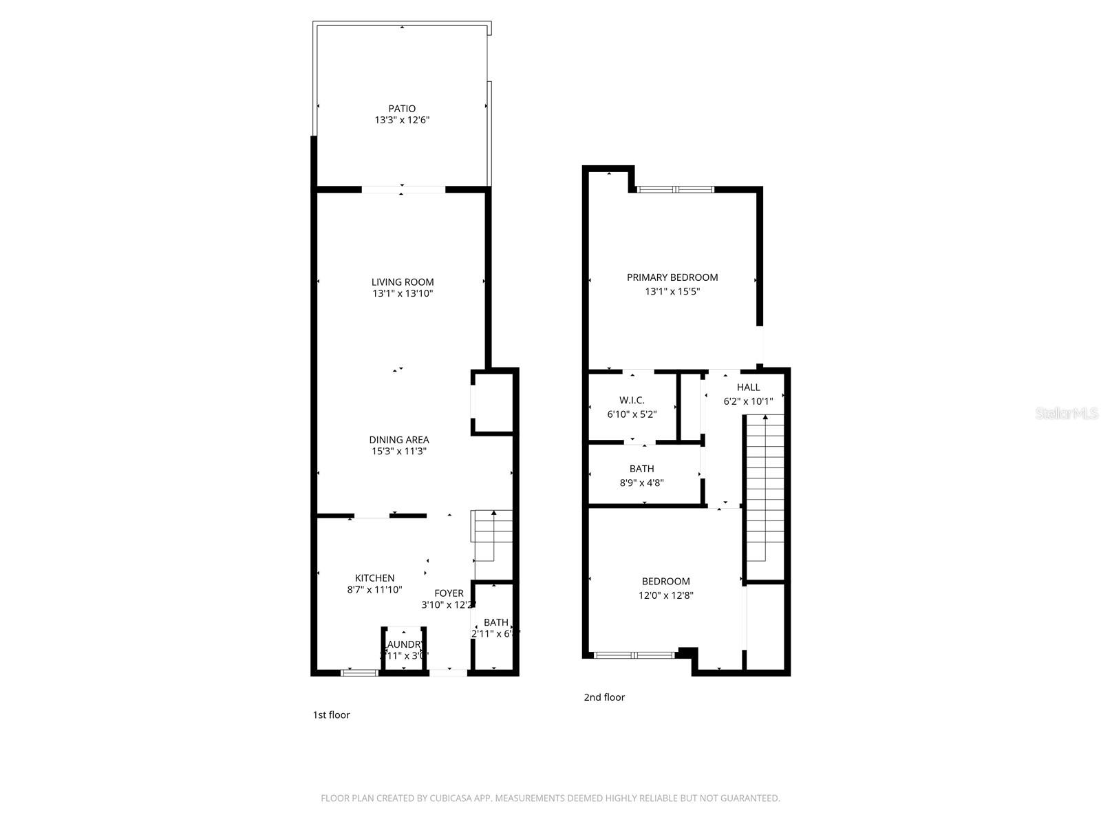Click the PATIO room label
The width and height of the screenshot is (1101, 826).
tap(402, 109)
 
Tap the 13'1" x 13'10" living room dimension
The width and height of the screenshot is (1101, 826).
tap(403, 294)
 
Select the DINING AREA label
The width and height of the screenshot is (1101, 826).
tap(399, 440)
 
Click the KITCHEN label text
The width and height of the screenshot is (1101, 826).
tap(374, 578)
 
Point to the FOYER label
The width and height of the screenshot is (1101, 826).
tap(449, 593)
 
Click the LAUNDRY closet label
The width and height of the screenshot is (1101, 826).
tap(405, 644)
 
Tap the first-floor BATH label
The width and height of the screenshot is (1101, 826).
tap(495, 622)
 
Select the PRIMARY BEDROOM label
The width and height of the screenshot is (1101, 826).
tap(672, 277)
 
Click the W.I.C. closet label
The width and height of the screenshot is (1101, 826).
tap(632, 401)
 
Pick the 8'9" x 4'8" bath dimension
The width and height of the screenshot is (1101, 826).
tap(641, 483)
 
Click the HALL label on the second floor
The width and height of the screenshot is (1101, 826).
tap(748, 388)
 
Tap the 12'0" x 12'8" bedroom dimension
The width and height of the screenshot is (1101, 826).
tap(665, 595)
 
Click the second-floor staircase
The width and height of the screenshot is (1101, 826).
tap(765, 496)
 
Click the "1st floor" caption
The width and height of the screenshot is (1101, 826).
tap(331, 715)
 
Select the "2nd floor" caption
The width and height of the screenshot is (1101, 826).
tap(604, 697)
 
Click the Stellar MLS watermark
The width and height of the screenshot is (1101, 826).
tap(1067, 414)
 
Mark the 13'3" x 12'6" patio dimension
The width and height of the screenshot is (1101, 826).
tap(403, 120)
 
